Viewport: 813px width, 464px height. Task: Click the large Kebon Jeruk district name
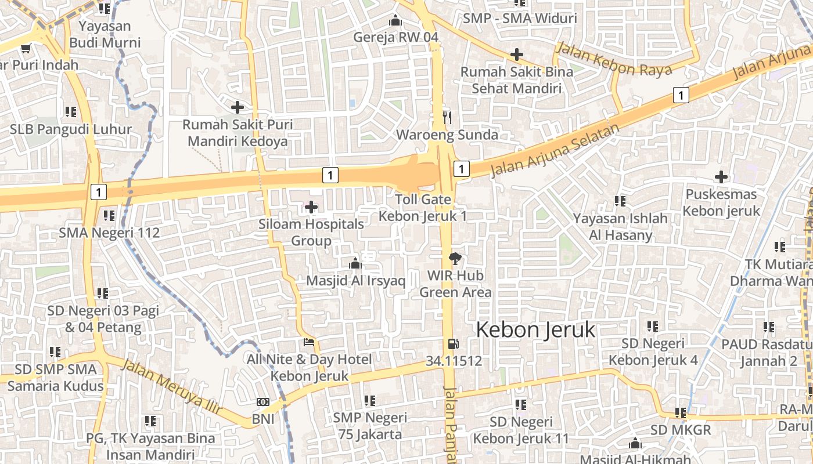(x=535, y=330)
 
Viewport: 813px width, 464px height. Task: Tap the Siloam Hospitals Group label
(x=311, y=232)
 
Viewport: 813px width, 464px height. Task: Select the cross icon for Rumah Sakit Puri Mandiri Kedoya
(x=237, y=107)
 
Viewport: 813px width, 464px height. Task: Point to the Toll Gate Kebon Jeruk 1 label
(x=423, y=208)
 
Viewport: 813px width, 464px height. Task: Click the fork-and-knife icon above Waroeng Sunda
(x=447, y=118)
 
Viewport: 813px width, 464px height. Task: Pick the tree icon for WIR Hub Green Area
(x=455, y=259)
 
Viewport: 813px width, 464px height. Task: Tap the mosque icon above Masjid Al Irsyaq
(x=355, y=264)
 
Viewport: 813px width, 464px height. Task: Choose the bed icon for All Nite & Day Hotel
(x=309, y=342)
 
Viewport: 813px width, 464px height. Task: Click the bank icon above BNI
(x=263, y=402)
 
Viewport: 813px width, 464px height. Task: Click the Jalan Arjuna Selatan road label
(x=552, y=151)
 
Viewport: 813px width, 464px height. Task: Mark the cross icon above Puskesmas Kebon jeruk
(x=721, y=176)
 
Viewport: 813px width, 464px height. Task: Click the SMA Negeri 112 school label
(x=109, y=233)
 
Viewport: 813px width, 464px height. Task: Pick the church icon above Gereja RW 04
(x=395, y=21)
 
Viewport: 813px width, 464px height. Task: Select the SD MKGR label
(x=681, y=430)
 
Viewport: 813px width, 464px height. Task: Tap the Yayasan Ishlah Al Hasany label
(x=620, y=227)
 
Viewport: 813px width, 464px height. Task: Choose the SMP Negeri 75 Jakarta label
(x=370, y=426)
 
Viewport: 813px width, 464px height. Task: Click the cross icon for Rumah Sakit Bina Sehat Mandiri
(x=516, y=55)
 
